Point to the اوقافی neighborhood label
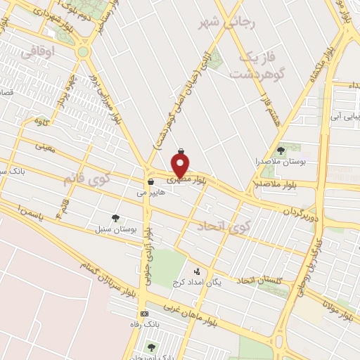point(36,51)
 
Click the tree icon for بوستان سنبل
point(115,218)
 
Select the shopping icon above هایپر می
point(151,182)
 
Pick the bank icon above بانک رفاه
point(145,314)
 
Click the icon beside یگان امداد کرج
point(197,271)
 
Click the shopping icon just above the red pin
point(181,150)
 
